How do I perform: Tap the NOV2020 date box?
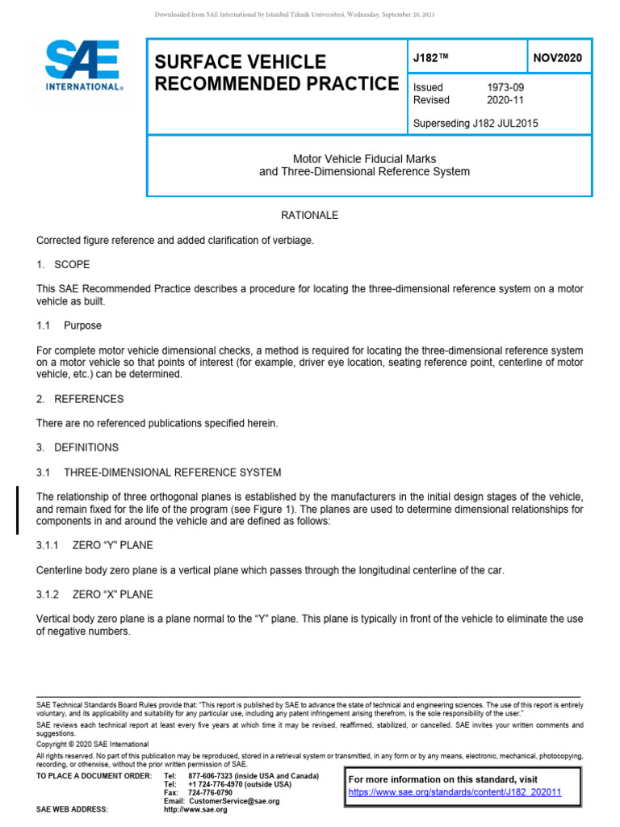tap(558, 57)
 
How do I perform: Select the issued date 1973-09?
tap(505, 87)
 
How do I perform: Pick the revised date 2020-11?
tap(505, 100)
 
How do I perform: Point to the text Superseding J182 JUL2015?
tap(475, 124)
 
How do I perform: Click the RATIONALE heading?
tap(309, 216)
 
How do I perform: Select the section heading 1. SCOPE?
tap(64, 264)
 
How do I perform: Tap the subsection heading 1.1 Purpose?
tap(69, 325)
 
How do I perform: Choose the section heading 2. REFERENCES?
tap(80, 399)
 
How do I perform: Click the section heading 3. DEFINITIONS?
tap(77, 447)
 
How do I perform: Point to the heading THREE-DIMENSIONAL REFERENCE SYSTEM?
tap(172, 472)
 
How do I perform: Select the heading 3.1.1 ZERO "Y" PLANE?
tap(94, 546)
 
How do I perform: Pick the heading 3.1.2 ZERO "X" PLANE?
tap(94, 594)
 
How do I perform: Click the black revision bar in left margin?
tap(19, 510)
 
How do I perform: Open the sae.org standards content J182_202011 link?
tap(455, 792)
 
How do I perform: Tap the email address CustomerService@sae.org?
tap(234, 801)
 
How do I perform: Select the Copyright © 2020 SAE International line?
tap(93, 744)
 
